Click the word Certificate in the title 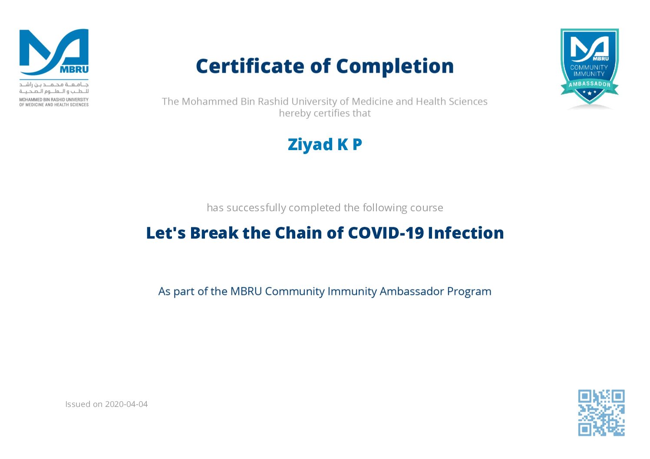251,66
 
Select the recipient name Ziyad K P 325,144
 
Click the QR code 601,413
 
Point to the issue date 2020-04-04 126,404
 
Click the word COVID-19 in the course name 386,233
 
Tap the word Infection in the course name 466,233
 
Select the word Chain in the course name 298,233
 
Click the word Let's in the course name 166,233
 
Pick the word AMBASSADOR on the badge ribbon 589,84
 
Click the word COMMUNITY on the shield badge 589,67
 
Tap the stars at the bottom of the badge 589,92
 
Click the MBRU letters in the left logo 74,69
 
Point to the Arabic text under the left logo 54,88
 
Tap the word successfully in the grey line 256,208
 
